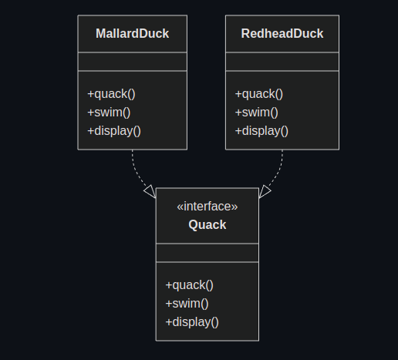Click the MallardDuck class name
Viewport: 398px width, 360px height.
(132, 34)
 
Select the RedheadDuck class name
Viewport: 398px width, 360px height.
(282, 34)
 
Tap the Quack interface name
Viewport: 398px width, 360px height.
(207, 225)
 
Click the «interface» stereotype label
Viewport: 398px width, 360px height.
(207, 207)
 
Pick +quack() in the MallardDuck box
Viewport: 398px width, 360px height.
(111, 94)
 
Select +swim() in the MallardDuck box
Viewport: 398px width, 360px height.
(109, 113)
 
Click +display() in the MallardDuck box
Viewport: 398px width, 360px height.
(114, 130)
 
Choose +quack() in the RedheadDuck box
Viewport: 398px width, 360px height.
(258, 94)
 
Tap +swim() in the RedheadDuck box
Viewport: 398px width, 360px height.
(256, 113)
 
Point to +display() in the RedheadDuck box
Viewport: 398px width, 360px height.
(261, 130)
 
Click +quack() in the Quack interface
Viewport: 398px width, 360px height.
(189, 285)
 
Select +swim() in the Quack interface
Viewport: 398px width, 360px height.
(187, 304)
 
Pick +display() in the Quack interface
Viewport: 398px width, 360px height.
(192, 321)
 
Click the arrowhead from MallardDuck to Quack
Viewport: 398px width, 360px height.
(150, 191)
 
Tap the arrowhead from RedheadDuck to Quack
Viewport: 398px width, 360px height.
(265, 191)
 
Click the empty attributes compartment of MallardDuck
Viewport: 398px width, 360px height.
(132, 62)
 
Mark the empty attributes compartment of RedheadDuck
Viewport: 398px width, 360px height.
(282, 62)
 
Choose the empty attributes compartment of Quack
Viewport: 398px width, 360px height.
(207, 253)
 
